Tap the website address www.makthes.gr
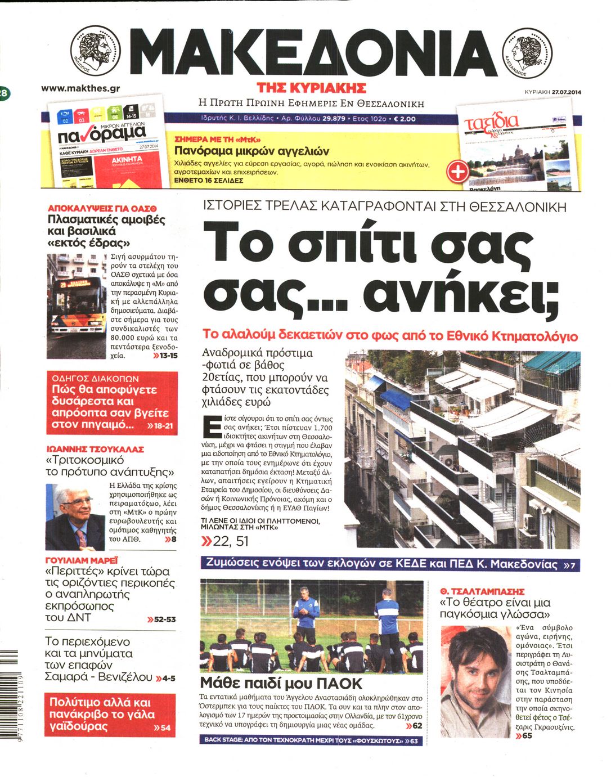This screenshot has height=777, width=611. tap(80, 88)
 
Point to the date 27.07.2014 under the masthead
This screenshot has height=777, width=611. tap(566, 92)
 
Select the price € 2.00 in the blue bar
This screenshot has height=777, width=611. tap(405, 119)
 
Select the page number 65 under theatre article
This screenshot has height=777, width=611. tap(526, 735)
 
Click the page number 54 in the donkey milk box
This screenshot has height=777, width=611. tap(164, 727)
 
